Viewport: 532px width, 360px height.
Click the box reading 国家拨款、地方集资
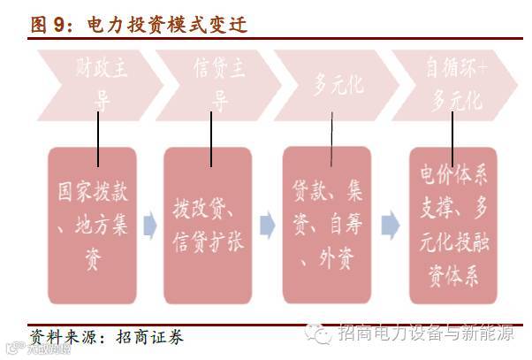click(92, 225)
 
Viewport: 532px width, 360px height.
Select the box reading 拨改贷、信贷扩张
click(210, 225)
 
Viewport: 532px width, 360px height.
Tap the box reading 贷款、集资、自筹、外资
click(330, 225)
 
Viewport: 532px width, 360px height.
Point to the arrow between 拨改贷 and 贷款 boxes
click(267, 226)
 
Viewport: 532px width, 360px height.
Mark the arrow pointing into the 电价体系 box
click(390, 226)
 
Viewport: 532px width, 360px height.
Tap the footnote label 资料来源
click(62, 337)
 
